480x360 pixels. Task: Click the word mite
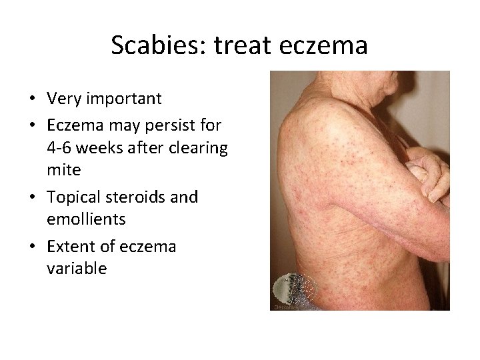coord(64,170)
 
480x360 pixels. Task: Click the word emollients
coord(87,219)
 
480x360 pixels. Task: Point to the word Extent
coord(71,246)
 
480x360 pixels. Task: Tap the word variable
coord(77,269)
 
